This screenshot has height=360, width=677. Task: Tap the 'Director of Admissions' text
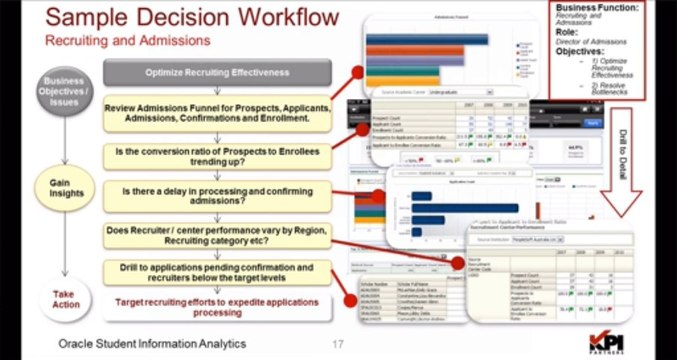pyautogui.click(x=609, y=40)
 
